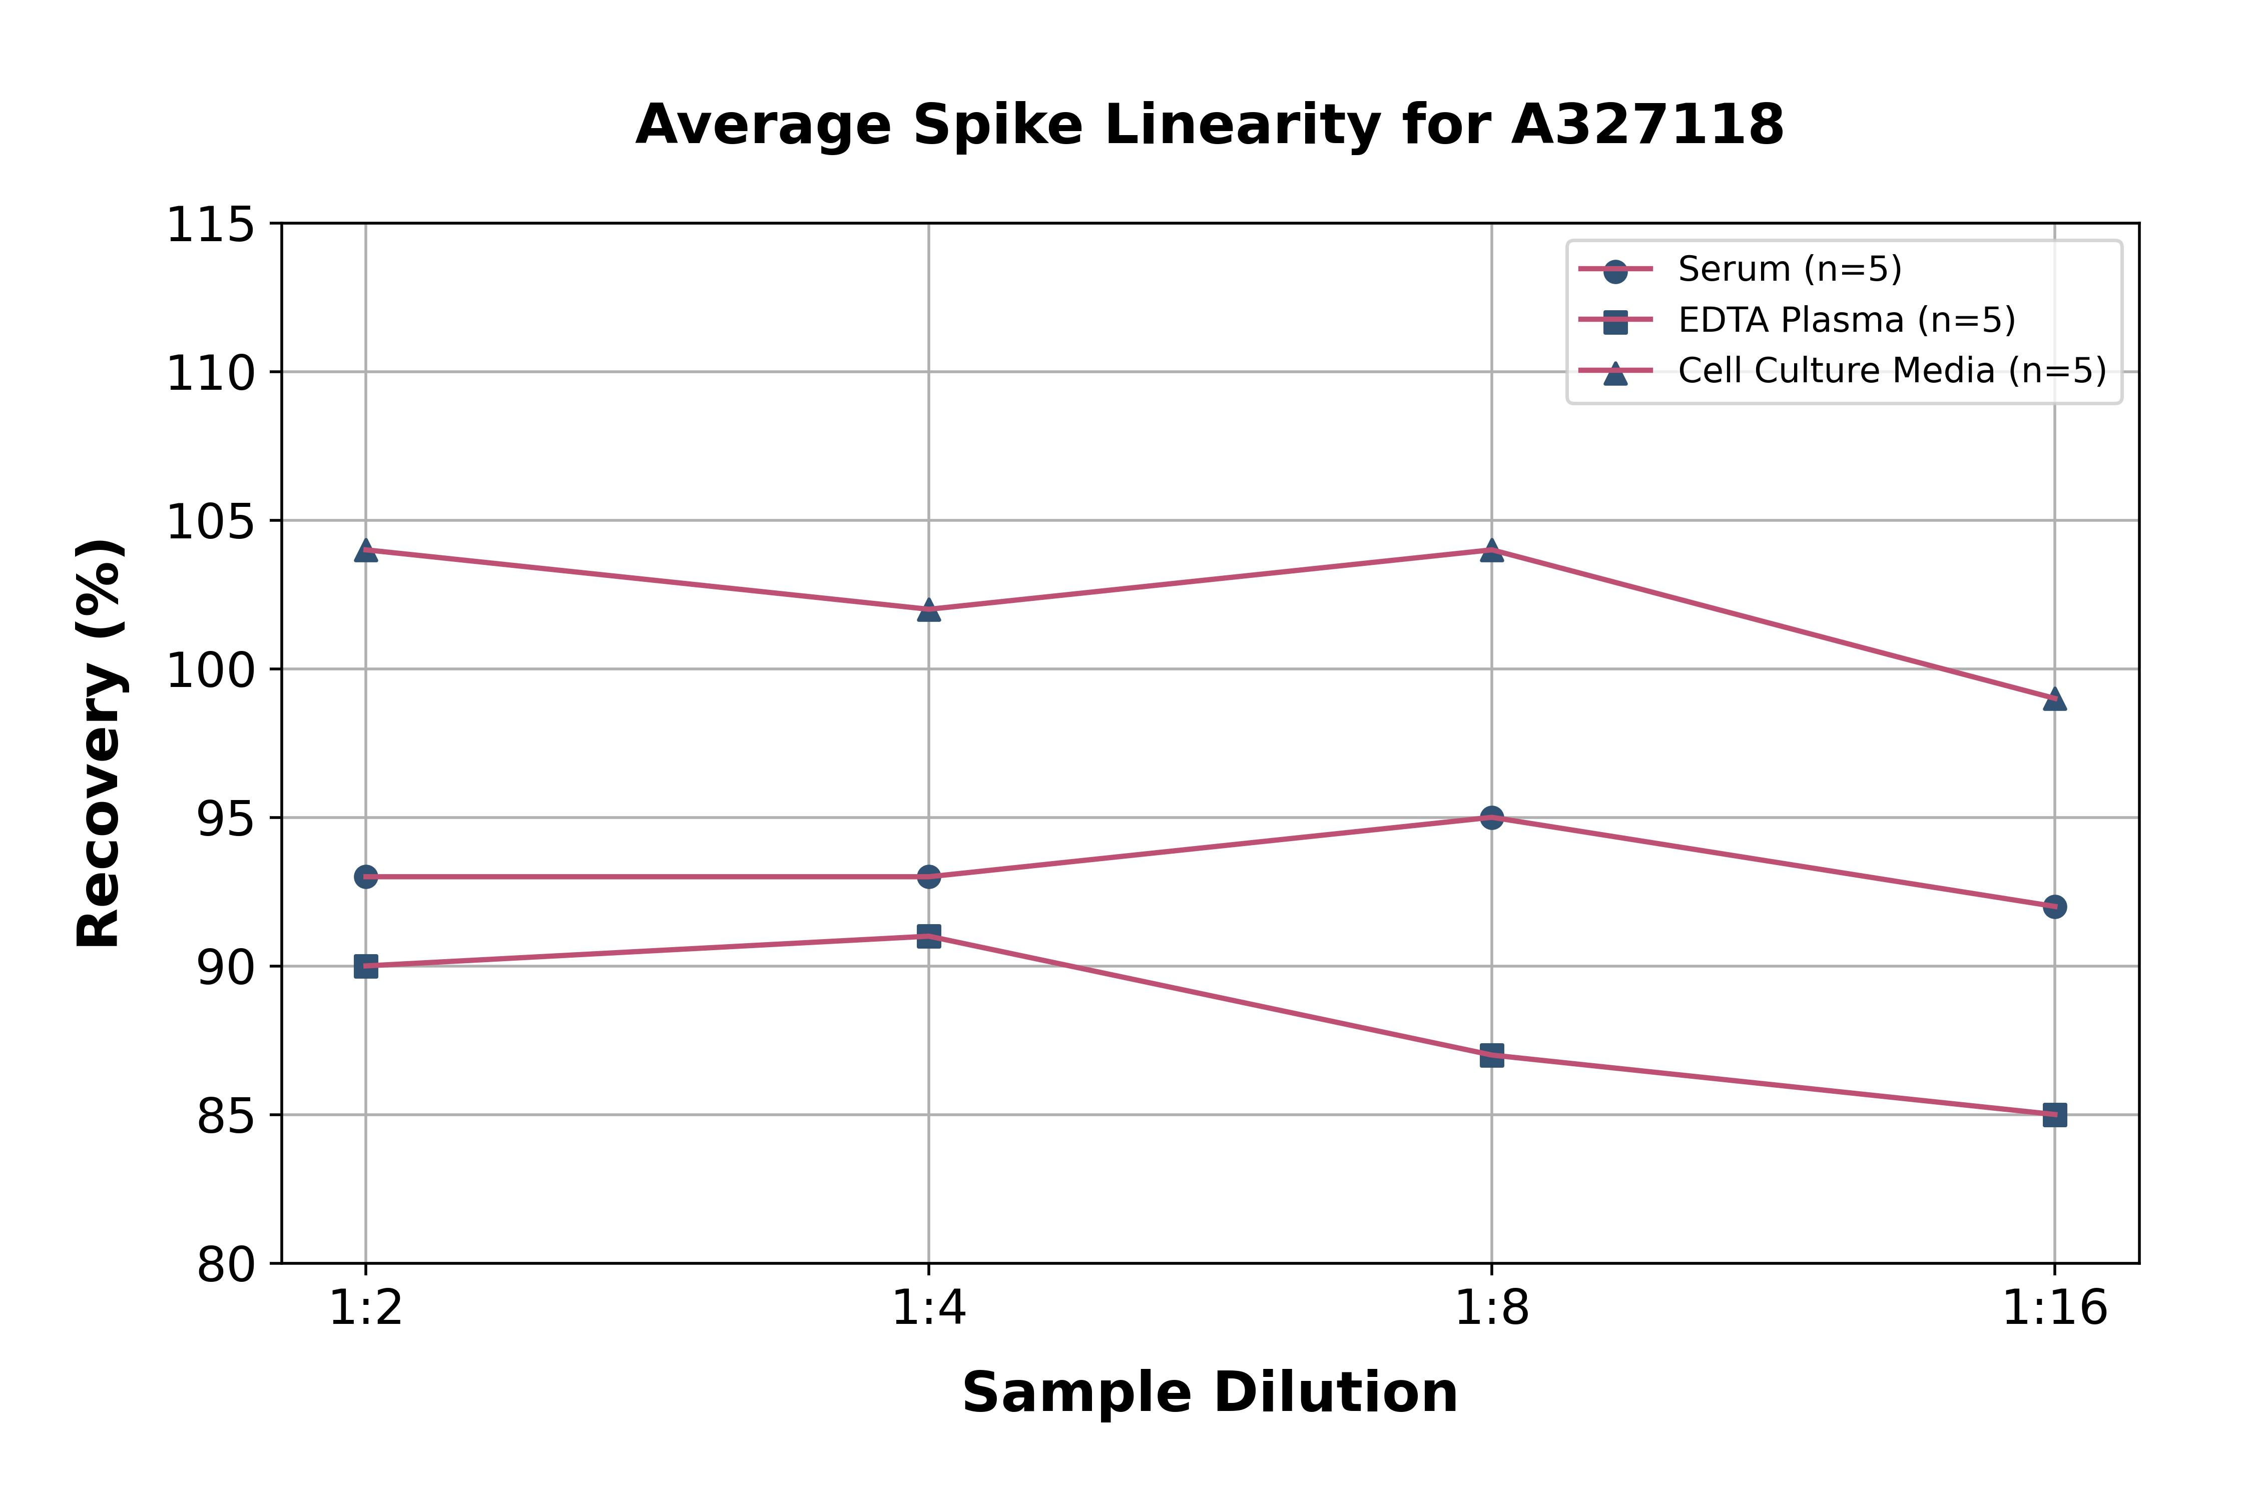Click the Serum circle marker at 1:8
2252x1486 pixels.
point(1491,817)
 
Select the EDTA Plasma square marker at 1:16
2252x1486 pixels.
point(2054,1115)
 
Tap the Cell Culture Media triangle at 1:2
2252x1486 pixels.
point(366,550)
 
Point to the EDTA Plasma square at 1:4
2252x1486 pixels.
point(929,936)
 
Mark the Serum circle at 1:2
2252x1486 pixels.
point(366,877)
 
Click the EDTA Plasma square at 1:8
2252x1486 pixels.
point(1491,1055)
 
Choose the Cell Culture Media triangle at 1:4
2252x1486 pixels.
point(929,609)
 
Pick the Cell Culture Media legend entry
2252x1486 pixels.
point(1891,371)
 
